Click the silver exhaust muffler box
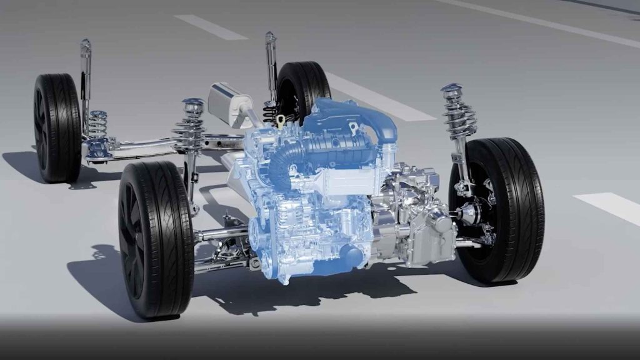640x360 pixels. (229, 103)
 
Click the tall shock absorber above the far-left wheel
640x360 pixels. (85, 75)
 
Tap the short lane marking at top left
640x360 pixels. (209, 27)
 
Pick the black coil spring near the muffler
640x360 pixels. (269, 112)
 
